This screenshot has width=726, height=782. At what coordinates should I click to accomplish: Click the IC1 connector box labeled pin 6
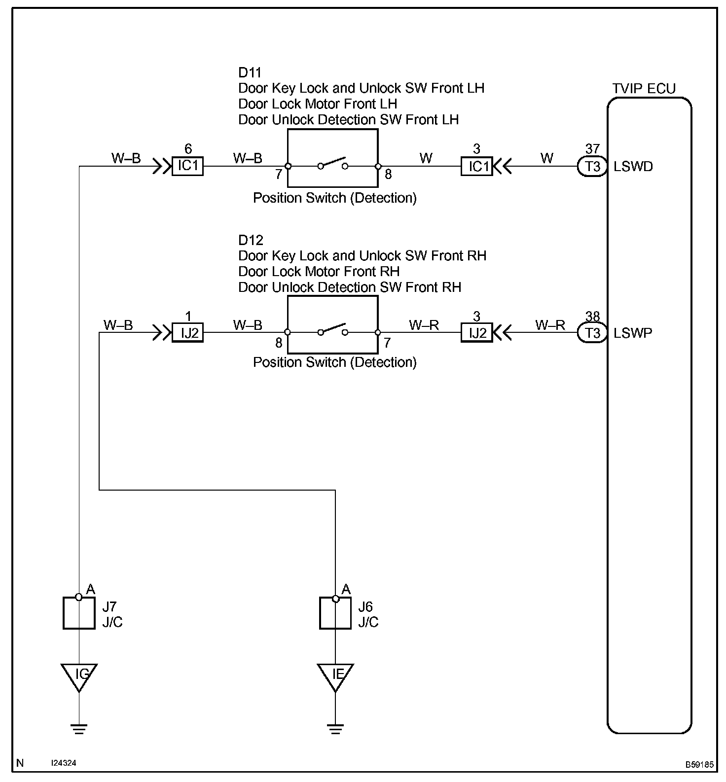pyautogui.click(x=187, y=166)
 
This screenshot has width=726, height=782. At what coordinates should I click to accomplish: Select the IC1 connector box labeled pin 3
pyautogui.click(x=477, y=166)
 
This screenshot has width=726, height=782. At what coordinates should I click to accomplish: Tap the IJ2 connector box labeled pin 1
pyautogui.click(x=187, y=333)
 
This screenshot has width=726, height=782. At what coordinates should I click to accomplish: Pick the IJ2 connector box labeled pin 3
pyautogui.click(x=477, y=333)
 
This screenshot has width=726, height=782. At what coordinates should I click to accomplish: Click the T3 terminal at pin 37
pyautogui.click(x=592, y=167)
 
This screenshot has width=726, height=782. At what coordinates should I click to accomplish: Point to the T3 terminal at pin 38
pyautogui.click(x=592, y=333)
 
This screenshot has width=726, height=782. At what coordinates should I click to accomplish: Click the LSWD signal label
pyautogui.click(x=633, y=167)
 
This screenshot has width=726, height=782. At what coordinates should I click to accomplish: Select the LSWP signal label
pyautogui.click(x=633, y=333)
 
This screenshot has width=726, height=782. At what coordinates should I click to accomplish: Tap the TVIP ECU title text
pyautogui.click(x=644, y=89)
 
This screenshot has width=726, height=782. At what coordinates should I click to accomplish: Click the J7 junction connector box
pyautogui.click(x=79, y=613)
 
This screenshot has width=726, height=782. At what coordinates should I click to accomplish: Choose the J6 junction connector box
pyautogui.click(x=335, y=613)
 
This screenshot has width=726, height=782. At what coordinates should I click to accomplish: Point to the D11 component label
pyautogui.click(x=250, y=72)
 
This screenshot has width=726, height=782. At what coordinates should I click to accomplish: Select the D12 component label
pyautogui.click(x=251, y=240)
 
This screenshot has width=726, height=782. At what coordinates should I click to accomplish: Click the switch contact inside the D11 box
pyautogui.click(x=333, y=164)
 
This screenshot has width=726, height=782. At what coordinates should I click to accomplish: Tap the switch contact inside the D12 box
pyautogui.click(x=333, y=330)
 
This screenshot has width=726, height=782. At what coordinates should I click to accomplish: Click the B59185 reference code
pyautogui.click(x=699, y=765)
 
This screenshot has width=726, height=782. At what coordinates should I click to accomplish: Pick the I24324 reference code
pyautogui.click(x=64, y=763)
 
